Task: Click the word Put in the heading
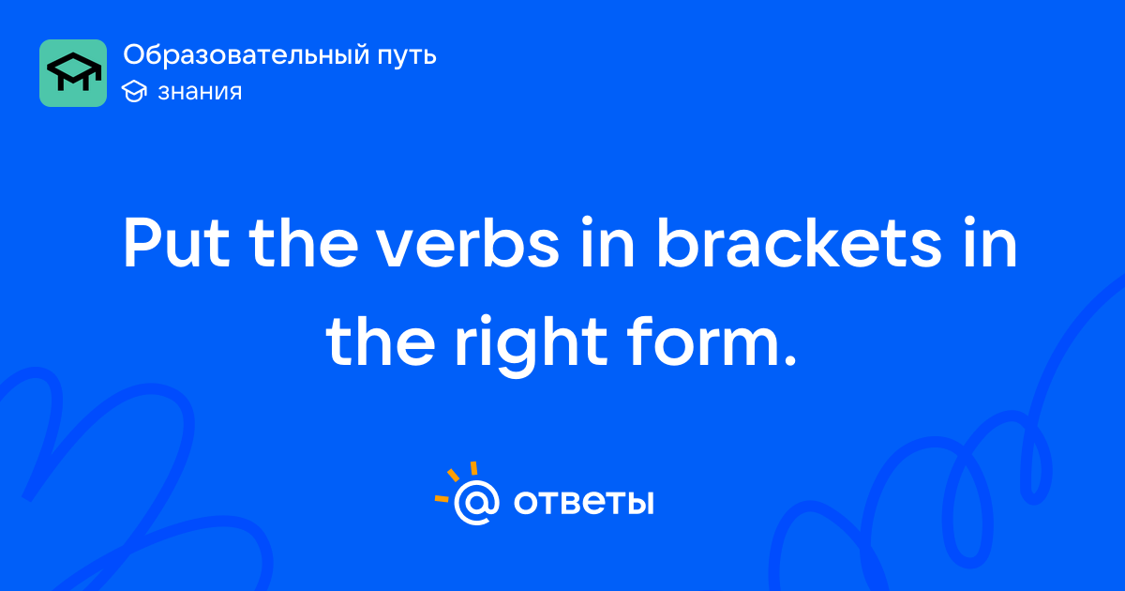click(x=176, y=243)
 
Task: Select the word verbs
click(x=468, y=242)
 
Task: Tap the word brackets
click(x=799, y=242)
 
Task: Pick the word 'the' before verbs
click(x=304, y=242)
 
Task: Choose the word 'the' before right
click(x=381, y=341)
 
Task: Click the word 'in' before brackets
click(x=607, y=242)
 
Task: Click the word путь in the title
click(x=407, y=56)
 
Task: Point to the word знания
click(x=200, y=92)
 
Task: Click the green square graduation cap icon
click(x=73, y=73)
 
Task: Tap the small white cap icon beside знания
click(x=134, y=91)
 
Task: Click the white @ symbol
click(x=476, y=502)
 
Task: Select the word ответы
click(x=583, y=502)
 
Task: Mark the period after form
click(x=790, y=361)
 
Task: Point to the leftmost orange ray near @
click(x=442, y=498)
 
